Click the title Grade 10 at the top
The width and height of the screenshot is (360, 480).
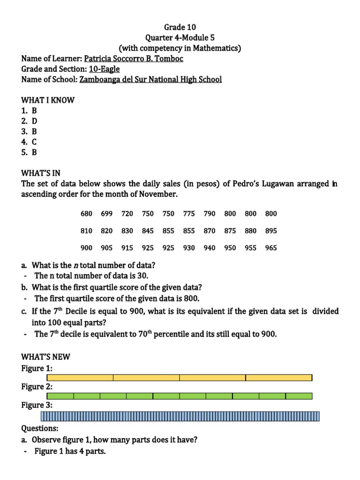[180, 27]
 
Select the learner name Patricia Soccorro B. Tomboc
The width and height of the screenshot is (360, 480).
[134, 59]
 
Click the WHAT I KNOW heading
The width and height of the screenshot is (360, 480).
[48, 100]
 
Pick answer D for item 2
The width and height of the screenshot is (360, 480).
[34, 121]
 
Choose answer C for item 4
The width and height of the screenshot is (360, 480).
[34, 142]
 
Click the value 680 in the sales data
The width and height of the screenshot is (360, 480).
[86, 214]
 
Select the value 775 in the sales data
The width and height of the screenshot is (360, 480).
[189, 214]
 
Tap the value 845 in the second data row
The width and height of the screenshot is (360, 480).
[148, 231]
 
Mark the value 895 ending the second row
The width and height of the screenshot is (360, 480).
[271, 231]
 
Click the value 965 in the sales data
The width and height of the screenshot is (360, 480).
[271, 248]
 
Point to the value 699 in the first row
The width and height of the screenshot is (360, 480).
[107, 214]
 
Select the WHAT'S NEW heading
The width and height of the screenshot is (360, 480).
[45, 357]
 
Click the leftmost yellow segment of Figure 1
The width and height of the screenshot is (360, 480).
[80, 377]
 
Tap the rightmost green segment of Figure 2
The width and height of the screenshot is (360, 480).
[299, 396]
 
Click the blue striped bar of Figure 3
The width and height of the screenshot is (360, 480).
[180, 416]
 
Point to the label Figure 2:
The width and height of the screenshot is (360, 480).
[37, 387]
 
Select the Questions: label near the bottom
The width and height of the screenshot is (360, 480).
[40, 428]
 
